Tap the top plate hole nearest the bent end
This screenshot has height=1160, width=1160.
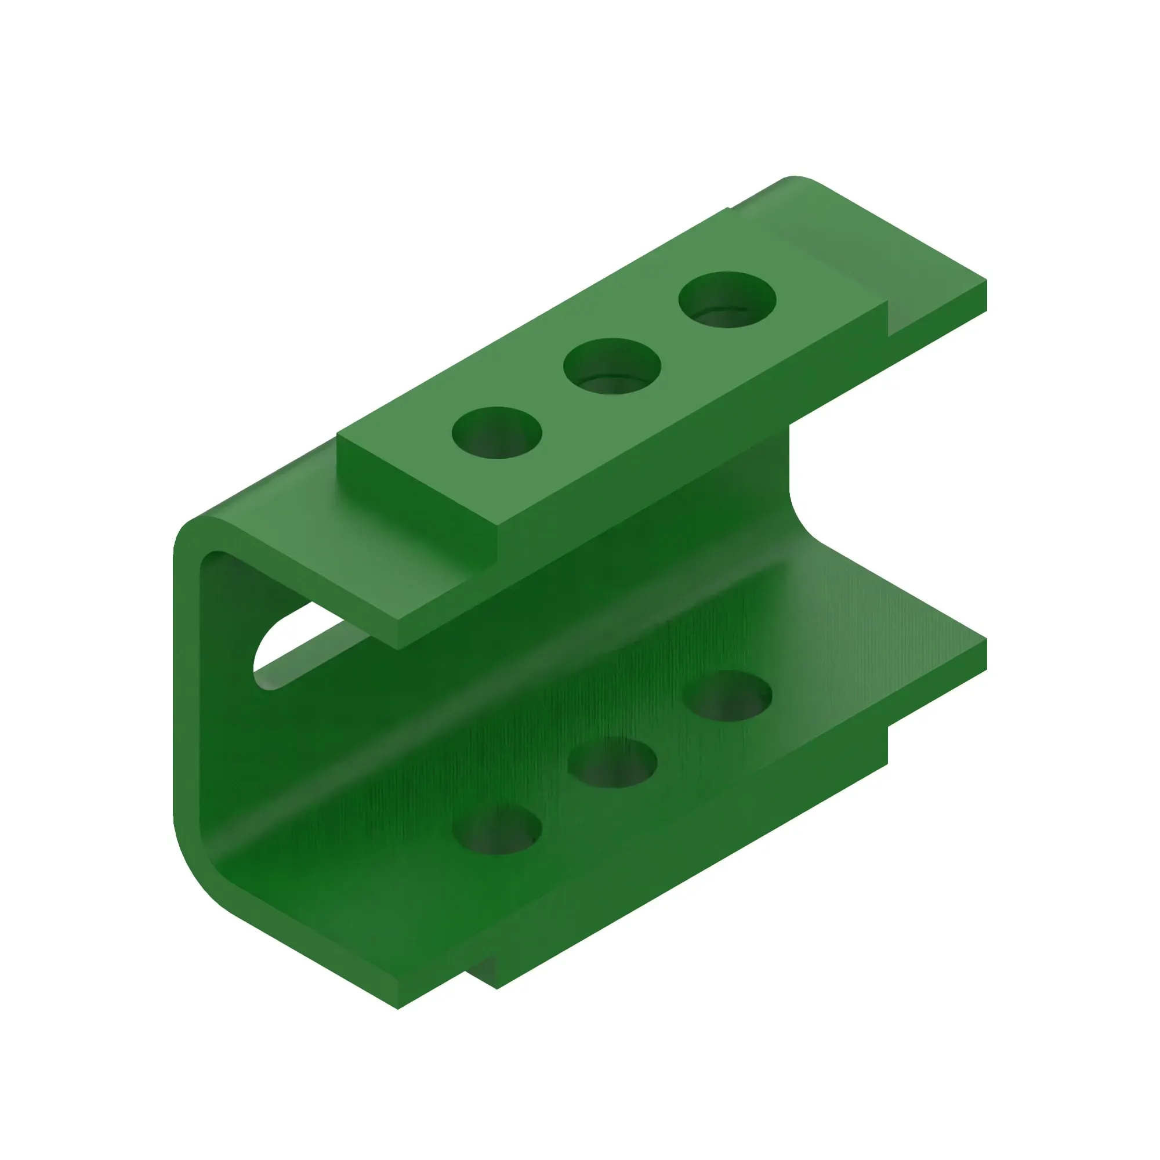coord(497,433)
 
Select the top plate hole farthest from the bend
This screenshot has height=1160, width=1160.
coord(727,300)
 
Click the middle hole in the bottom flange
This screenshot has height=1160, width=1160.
coord(612,763)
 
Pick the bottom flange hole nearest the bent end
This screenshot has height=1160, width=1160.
coord(497,830)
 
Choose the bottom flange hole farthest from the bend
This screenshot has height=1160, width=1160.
coord(728,696)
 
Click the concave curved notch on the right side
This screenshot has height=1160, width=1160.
coord(802,516)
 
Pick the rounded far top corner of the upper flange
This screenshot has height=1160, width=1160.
coord(796,179)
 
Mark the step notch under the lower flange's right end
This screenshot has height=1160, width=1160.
coord(887,745)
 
